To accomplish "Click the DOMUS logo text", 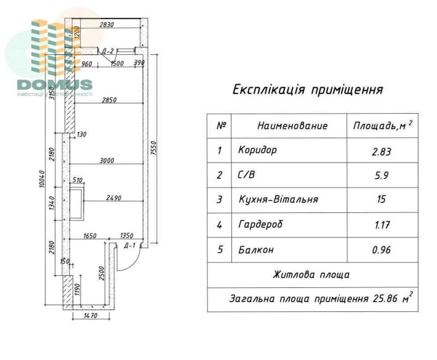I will [55, 84].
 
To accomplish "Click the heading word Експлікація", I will [268, 90].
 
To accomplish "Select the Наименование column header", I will [292, 126].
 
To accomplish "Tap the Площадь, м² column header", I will [382, 126].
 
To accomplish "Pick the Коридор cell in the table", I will [257, 150].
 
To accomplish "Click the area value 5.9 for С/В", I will [382, 175].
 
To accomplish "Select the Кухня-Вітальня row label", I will [278, 200].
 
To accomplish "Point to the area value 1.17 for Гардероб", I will [382, 225].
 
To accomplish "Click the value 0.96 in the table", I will [382, 250].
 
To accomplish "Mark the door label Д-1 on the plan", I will [129, 246].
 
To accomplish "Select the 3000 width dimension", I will [107, 161].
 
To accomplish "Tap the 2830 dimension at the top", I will [108, 25].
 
